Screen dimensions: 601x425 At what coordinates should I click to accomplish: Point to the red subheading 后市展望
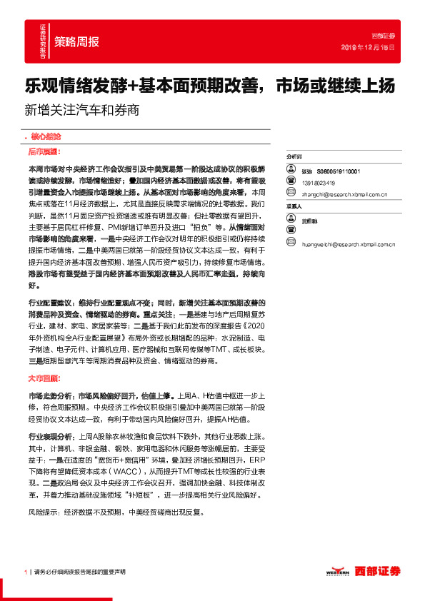44,152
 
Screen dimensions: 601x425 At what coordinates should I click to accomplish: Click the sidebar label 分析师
294,156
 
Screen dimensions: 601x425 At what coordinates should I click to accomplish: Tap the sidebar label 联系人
294,207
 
